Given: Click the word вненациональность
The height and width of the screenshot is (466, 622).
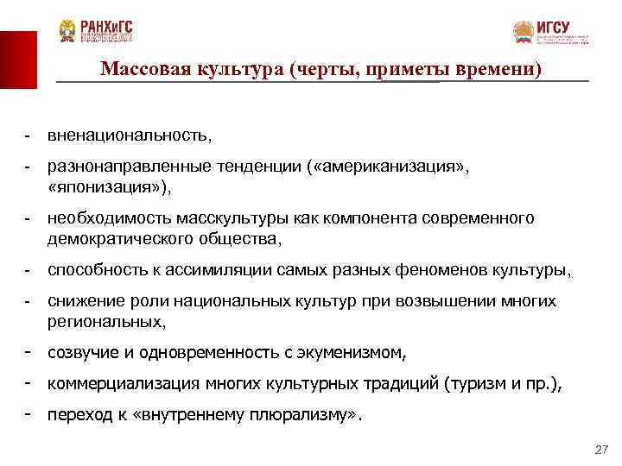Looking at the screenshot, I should coord(129,135).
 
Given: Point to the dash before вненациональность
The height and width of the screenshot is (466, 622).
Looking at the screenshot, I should coord(29,135).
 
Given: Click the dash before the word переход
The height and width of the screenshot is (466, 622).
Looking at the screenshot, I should coord(29,414).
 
